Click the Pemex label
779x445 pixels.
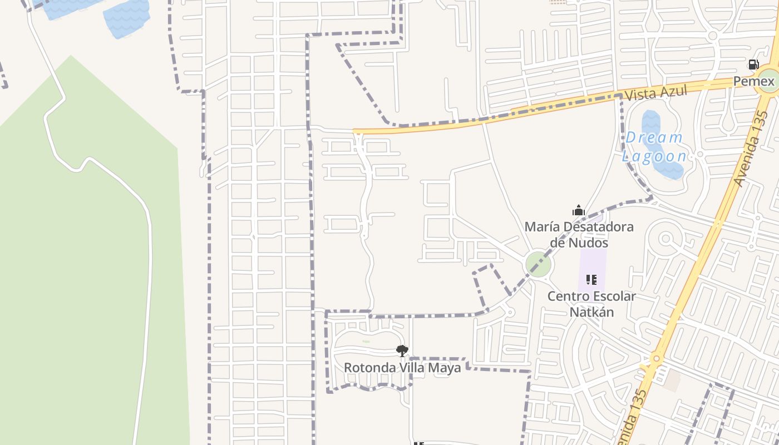point(753,82)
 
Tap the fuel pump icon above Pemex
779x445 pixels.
point(753,65)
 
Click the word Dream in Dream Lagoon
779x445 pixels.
point(654,137)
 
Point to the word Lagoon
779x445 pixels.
point(654,156)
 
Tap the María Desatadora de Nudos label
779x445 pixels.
point(579,235)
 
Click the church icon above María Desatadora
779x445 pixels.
point(579,211)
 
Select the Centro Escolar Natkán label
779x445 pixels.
point(591,304)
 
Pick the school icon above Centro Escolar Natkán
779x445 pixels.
point(591,279)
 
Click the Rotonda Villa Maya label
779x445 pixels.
point(402,368)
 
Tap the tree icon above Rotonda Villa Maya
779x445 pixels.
point(402,350)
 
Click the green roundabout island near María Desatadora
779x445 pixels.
point(538,264)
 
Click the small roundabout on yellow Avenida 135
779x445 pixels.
point(657,358)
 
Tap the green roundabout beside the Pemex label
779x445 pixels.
point(769,81)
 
